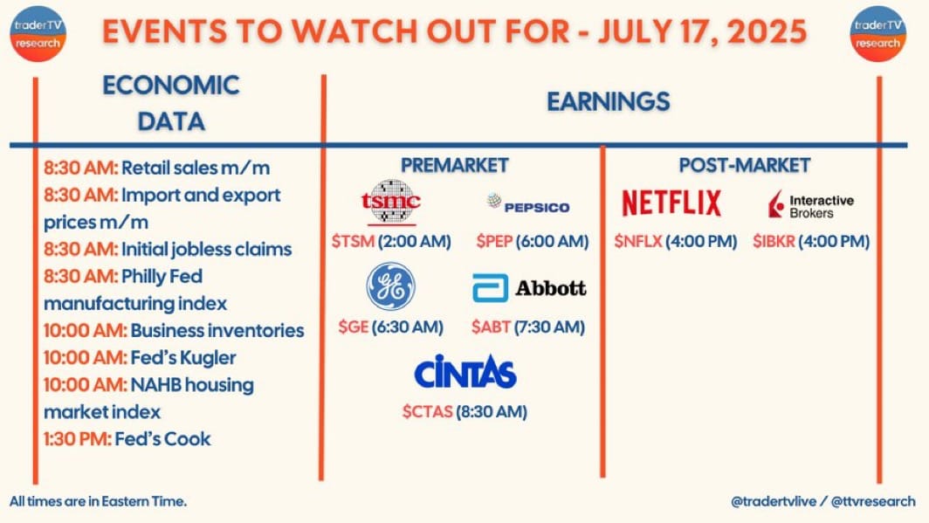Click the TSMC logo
pyautogui.click(x=390, y=203)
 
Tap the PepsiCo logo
pyautogui.click(x=528, y=203)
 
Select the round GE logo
pyautogui.click(x=390, y=286)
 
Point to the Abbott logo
pyautogui.click(x=529, y=288)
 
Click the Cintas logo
pyautogui.click(x=465, y=371)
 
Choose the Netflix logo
pyautogui.click(x=671, y=203)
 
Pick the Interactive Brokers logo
pyautogui.click(x=811, y=204)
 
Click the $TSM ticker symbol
pyautogui.click(x=353, y=242)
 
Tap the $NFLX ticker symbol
pyautogui.click(x=638, y=242)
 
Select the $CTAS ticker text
pyautogui.click(x=427, y=411)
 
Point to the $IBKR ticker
pyautogui.click(x=774, y=242)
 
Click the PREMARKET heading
pyautogui.click(x=454, y=165)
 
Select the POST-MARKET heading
pyautogui.click(x=745, y=165)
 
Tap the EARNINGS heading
pyautogui.click(x=609, y=102)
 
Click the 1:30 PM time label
pyautogui.click(x=77, y=439)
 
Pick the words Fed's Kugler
pyautogui.click(x=183, y=358)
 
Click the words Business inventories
pyautogui.click(x=217, y=331)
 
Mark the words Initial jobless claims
pyautogui.click(x=207, y=250)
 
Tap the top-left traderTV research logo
pyautogui.click(x=38, y=34)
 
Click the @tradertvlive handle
pyautogui.click(x=774, y=501)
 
